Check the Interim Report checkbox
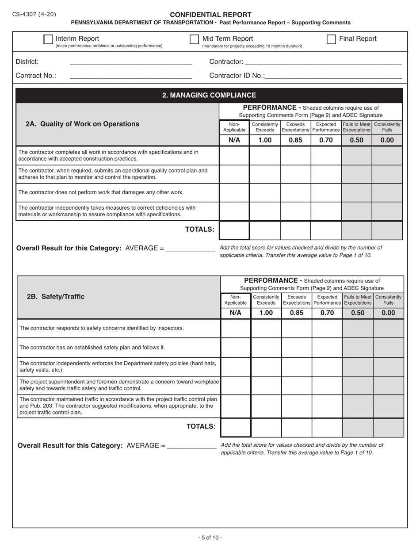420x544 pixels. click(48, 39)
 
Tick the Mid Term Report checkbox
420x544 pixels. click(194, 39)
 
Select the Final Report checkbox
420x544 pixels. click(331, 39)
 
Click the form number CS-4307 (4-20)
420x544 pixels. click(34, 14)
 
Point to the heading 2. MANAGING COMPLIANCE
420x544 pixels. click(209, 95)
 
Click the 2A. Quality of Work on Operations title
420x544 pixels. click(82, 124)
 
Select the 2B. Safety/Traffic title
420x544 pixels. click(56, 296)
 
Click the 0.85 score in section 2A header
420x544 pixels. click(295, 140)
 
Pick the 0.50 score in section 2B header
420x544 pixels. click(358, 313)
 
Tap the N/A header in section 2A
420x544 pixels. click(234, 140)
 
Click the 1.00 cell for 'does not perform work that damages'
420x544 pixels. click(265, 192)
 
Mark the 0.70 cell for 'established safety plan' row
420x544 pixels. click(327, 348)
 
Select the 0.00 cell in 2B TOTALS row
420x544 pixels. click(388, 427)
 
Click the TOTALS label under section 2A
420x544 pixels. click(200, 229)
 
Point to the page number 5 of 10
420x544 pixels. click(210, 537)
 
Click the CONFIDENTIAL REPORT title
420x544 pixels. click(210, 15)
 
